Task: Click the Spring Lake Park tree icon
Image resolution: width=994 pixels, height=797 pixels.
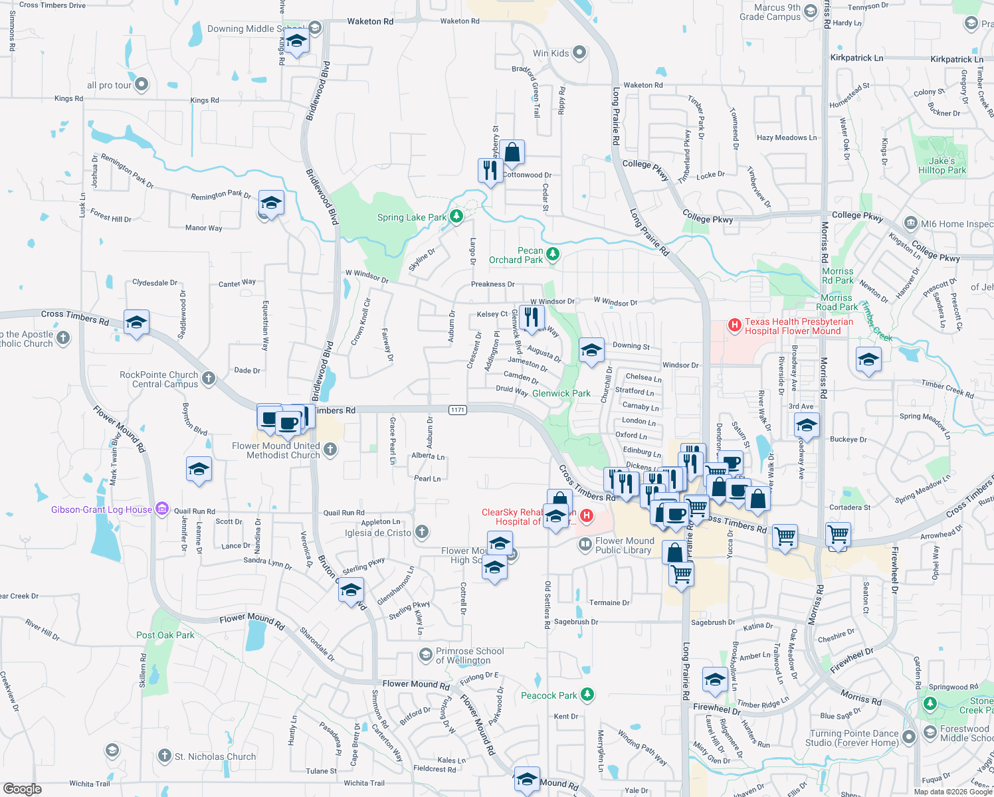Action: [x=456, y=216]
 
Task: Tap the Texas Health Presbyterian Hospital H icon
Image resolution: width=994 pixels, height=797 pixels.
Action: [x=734, y=325]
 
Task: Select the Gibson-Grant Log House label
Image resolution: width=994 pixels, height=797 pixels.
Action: [x=102, y=509]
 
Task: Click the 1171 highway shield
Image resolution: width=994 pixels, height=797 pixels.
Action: [x=457, y=410]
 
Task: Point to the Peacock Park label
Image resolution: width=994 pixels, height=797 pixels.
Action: [x=549, y=695]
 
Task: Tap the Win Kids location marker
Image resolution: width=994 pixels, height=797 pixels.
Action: [x=579, y=52]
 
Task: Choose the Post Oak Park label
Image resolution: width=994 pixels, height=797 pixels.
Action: [x=165, y=635]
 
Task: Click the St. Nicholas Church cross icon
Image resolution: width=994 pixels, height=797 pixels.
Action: [x=165, y=756]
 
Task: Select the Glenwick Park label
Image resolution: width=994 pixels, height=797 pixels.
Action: [x=561, y=393]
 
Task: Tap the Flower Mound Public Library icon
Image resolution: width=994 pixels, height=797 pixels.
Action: [x=585, y=545]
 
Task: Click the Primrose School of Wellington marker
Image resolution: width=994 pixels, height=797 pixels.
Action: [x=425, y=656]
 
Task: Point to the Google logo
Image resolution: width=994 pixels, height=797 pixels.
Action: [x=22, y=788]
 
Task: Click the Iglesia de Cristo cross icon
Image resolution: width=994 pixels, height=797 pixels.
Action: [x=422, y=532]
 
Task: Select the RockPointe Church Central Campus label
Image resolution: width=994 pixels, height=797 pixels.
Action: [x=159, y=379]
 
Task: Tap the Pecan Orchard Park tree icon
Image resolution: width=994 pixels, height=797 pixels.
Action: [x=552, y=254]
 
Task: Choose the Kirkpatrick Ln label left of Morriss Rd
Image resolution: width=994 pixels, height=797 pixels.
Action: [x=856, y=58]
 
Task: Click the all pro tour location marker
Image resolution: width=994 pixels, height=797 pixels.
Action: [x=142, y=84]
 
